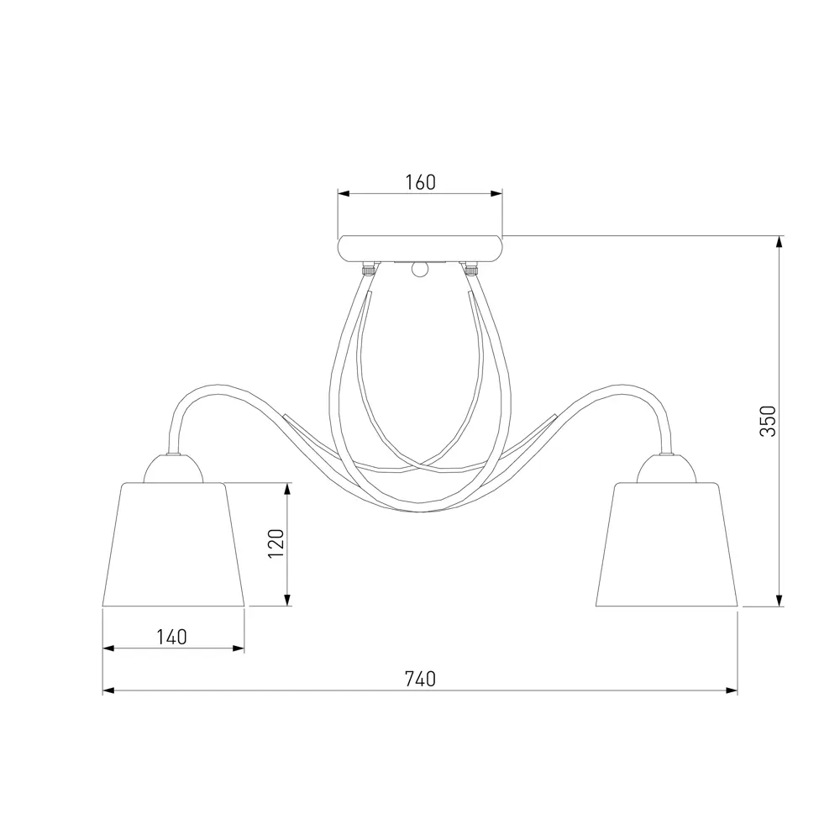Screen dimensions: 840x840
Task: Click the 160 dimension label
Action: click(420, 182)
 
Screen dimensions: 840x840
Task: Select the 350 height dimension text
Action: click(769, 421)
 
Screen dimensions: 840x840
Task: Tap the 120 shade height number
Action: click(276, 543)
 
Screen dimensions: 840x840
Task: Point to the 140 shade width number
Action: click(171, 637)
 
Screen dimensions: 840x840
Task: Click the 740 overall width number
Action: click(420, 680)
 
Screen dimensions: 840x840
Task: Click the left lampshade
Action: click(174, 544)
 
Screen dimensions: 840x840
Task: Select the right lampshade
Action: click(666, 544)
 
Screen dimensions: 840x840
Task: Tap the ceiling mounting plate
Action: click(420, 249)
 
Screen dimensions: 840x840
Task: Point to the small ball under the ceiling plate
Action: click(420, 270)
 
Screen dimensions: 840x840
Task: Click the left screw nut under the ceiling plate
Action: click(368, 268)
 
